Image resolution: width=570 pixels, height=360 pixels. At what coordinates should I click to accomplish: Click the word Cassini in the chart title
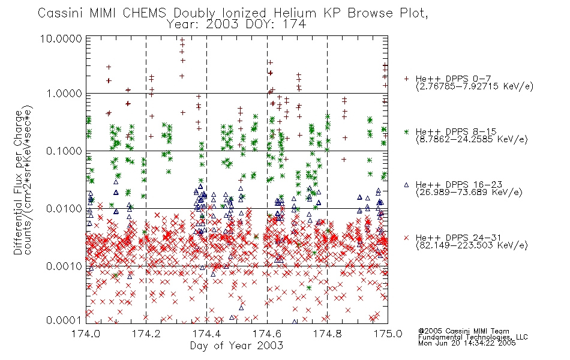[x=61, y=13]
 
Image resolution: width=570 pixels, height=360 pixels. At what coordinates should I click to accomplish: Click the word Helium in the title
[x=295, y=13]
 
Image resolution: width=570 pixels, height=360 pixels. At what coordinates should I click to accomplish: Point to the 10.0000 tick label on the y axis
[x=61, y=38]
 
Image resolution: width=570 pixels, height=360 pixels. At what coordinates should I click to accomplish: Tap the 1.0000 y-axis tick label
[x=64, y=94]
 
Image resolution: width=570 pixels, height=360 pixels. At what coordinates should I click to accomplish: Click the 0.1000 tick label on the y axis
[x=64, y=151]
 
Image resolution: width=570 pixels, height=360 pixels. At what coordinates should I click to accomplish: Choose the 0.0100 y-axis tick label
[x=64, y=209]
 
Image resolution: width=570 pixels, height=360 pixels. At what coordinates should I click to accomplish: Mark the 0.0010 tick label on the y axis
[x=64, y=266]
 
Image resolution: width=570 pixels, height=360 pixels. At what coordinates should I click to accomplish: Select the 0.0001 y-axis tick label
[x=64, y=320]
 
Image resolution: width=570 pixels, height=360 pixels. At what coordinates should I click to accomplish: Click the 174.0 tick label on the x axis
[x=86, y=334]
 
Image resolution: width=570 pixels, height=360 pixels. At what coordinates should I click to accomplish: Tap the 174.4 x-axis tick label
[x=206, y=334]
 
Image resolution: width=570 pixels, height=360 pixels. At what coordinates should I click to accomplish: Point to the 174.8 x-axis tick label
[x=327, y=334]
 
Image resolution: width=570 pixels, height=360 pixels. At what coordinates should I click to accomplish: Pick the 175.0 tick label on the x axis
[x=388, y=334]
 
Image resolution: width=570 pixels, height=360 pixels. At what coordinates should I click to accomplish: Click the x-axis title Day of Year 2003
[x=236, y=346]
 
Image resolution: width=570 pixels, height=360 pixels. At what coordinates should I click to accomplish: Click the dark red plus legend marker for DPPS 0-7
[x=406, y=79]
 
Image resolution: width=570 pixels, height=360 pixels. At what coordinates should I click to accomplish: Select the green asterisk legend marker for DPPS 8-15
[x=406, y=131]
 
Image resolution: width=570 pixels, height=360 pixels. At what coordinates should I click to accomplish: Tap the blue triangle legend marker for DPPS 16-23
[x=406, y=185]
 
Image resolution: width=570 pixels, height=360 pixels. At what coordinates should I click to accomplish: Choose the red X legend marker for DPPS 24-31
[x=406, y=238]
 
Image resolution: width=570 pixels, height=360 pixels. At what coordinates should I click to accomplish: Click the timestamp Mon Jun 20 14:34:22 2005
[x=467, y=343]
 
